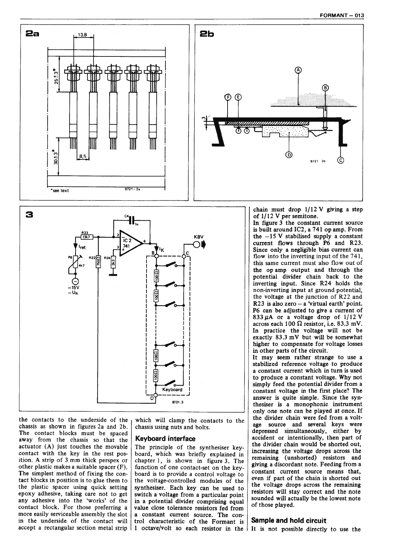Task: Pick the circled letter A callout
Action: tap(298, 70)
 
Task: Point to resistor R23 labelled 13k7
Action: tap(85, 236)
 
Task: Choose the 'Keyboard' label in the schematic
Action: tap(172, 389)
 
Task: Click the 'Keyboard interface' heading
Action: tap(165, 439)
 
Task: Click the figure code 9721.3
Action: tap(173, 403)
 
